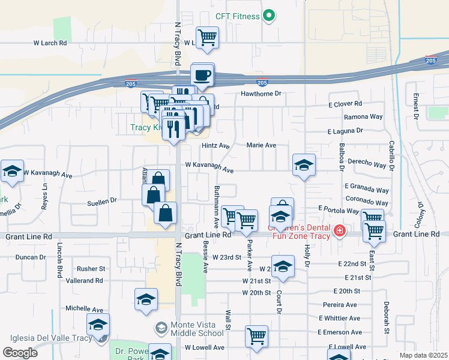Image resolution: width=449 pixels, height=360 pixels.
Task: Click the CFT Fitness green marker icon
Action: pyautogui.click(x=270, y=16)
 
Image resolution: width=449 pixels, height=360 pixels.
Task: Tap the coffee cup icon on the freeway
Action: pyautogui.click(x=202, y=75)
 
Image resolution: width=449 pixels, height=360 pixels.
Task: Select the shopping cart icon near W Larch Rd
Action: pyautogui.click(x=207, y=37)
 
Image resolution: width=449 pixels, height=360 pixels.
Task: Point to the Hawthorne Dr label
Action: pyautogui.click(x=261, y=94)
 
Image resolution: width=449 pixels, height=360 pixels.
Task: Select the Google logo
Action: pyautogui.click(x=20, y=352)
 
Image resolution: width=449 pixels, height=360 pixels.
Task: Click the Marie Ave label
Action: pyautogui.click(x=261, y=145)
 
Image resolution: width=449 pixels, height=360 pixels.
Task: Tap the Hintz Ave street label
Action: pyautogui.click(x=215, y=146)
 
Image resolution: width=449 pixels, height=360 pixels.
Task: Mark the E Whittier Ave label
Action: pyautogui.click(x=340, y=318)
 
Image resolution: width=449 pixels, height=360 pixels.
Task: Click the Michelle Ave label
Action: pyautogui.click(x=85, y=308)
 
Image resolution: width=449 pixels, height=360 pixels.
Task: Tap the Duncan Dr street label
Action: pyautogui.click(x=31, y=257)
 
